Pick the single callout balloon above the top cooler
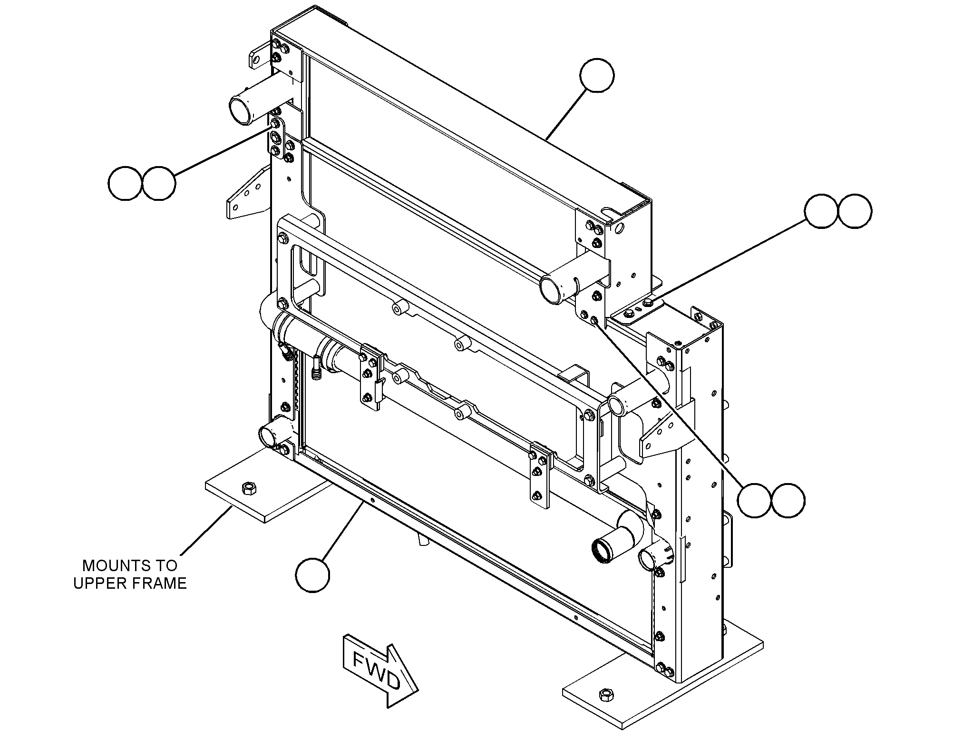[597, 75]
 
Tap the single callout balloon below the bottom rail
[312, 575]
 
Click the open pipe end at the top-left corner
[243, 109]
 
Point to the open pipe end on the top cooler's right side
[554, 288]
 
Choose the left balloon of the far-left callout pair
[125, 183]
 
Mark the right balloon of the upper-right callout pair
[855, 211]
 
